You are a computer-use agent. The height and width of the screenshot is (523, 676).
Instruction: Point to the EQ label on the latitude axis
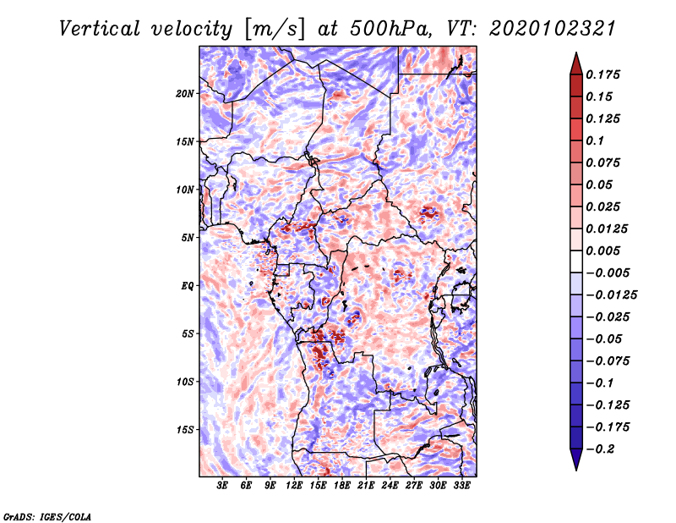188,286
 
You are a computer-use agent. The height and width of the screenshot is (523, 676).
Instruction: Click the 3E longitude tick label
222,486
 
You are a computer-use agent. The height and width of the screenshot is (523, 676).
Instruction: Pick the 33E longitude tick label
461,486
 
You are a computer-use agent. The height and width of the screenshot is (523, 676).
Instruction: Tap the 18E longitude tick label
342,486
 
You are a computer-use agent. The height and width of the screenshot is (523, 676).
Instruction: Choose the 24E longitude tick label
390,486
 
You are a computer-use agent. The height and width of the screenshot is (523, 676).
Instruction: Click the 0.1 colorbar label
595,140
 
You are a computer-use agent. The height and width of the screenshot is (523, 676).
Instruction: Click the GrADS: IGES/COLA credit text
47,515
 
